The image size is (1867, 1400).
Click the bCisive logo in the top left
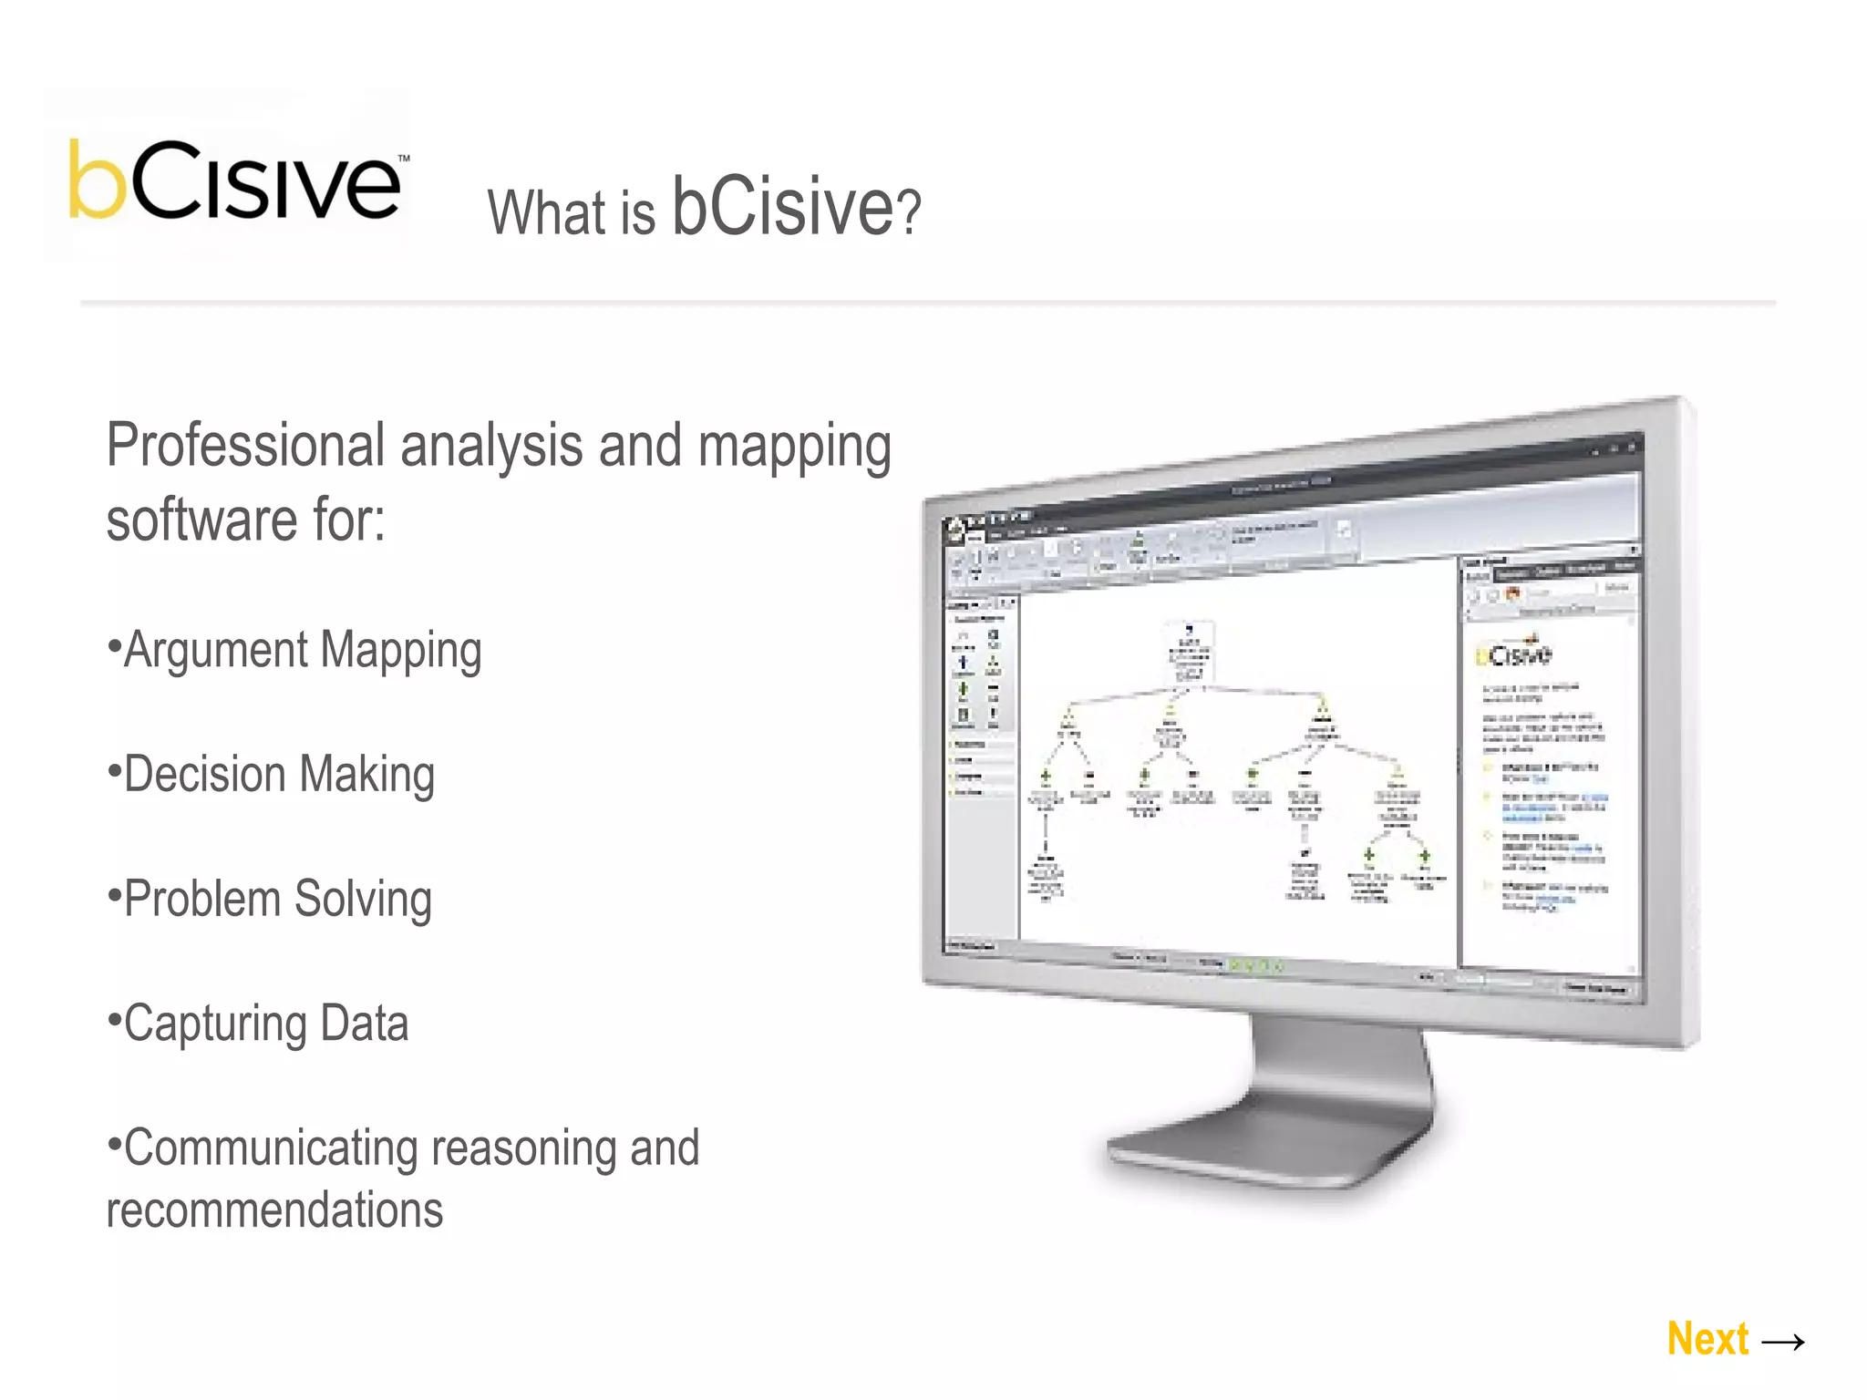tap(235, 180)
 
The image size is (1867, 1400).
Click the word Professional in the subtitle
tap(245, 447)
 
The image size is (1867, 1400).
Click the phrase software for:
tap(246, 520)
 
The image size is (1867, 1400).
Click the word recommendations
tap(274, 1210)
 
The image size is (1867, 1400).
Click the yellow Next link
tap(1707, 1339)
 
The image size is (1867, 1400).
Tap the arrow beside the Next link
tap(1783, 1342)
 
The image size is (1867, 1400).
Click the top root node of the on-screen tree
tap(1189, 653)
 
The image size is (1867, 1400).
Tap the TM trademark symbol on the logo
tap(404, 159)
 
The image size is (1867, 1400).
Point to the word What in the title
tap(547, 213)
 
